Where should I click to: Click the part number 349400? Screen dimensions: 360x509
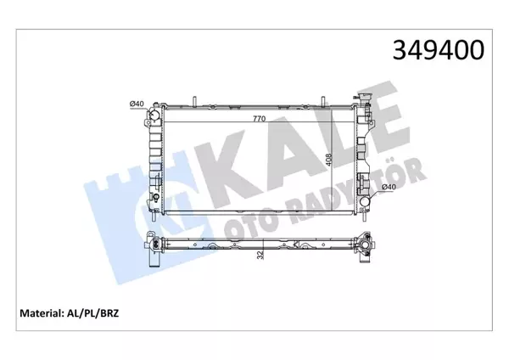438,50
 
